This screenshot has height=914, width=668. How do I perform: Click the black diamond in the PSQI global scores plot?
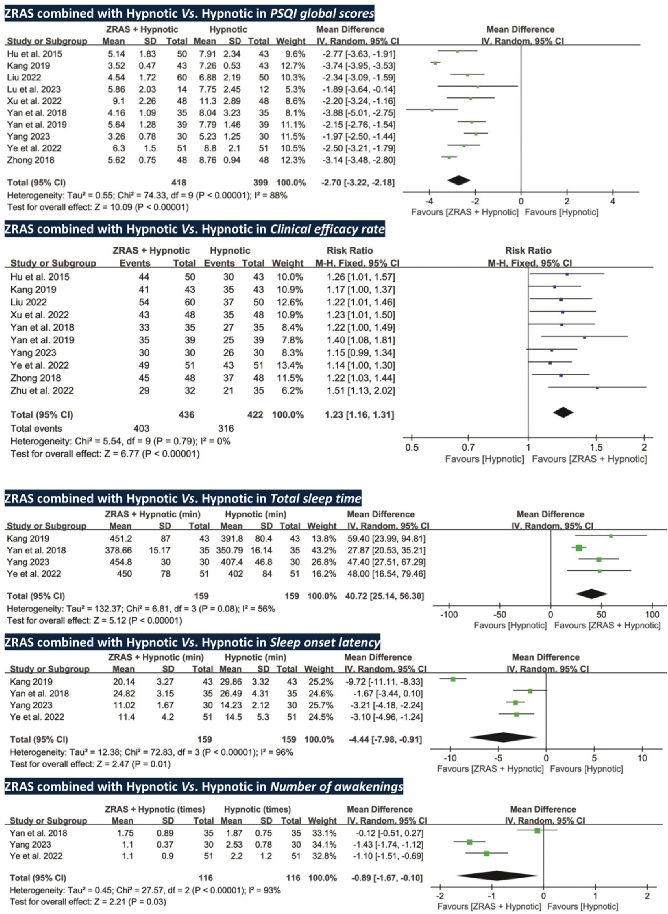(x=459, y=180)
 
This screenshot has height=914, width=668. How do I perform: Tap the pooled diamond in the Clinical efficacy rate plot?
(x=563, y=412)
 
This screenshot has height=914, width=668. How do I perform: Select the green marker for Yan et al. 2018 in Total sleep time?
(x=579, y=548)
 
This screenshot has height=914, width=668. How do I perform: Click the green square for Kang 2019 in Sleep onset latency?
(x=453, y=679)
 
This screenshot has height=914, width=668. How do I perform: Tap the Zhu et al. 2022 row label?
(x=42, y=390)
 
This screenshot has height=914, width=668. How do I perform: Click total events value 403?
(x=141, y=428)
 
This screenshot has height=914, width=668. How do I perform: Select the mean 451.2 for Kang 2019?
(x=121, y=538)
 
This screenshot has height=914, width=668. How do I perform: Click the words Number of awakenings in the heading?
(x=337, y=786)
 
